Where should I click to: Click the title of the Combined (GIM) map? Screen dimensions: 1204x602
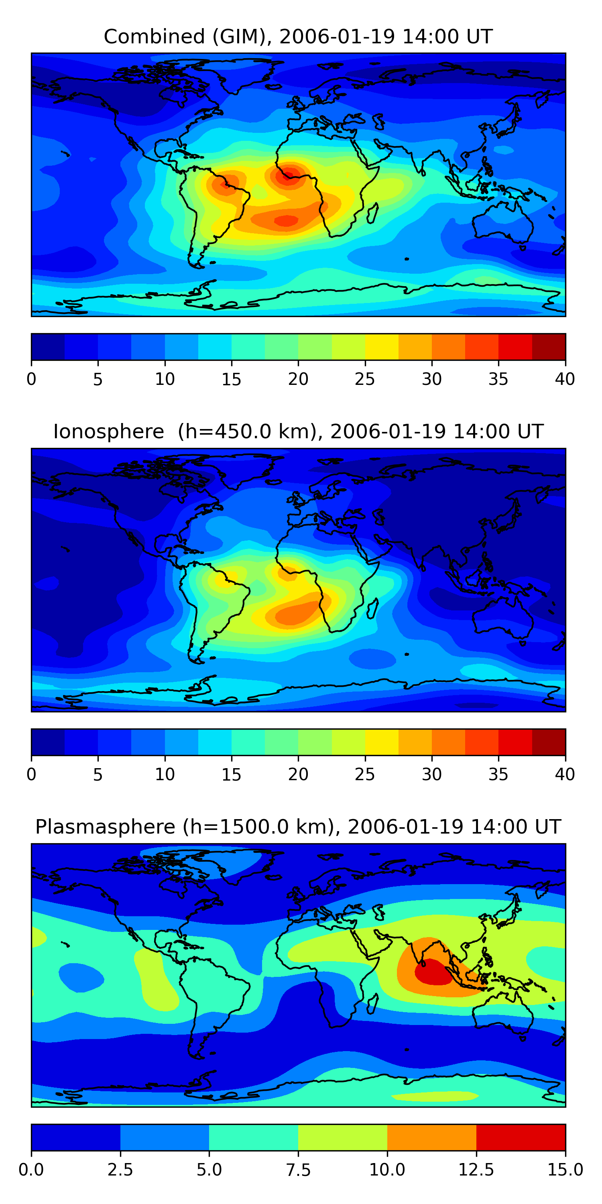tap(298, 37)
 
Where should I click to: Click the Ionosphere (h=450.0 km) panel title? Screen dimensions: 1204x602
tap(298, 431)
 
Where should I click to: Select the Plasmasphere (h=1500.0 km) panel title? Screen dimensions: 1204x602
tap(298, 826)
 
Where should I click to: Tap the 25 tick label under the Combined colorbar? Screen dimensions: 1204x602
tap(364, 379)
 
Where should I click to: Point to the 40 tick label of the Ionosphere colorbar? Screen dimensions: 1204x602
tap(565, 774)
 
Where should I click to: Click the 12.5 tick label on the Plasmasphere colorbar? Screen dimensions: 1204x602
tap(476, 1169)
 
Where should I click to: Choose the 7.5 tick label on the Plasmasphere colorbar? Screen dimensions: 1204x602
tap(298, 1169)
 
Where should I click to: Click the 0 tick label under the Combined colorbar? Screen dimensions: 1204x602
tap(31, 379)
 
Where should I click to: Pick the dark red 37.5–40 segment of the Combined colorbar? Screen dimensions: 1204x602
tap(549, 347)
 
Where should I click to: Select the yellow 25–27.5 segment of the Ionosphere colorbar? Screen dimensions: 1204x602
tap(381, 742)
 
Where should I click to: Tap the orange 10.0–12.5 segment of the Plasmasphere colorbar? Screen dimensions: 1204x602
tap(431, 1137)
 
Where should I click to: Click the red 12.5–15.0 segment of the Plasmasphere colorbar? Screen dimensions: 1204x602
tap(521, 1137)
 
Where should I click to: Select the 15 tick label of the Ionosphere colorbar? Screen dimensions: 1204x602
tap(231, 774)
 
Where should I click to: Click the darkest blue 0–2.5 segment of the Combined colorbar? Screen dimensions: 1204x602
tap(48, 347)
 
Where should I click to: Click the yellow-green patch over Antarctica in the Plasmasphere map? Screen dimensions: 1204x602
tap(435, 1096)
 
